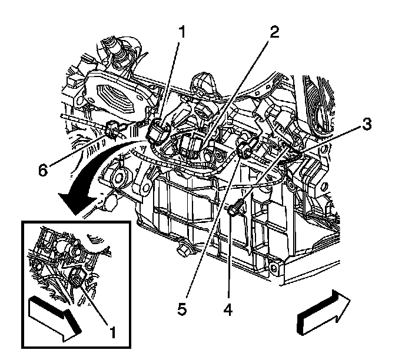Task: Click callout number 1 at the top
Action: (182, 33)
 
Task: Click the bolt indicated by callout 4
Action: (236, 207)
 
